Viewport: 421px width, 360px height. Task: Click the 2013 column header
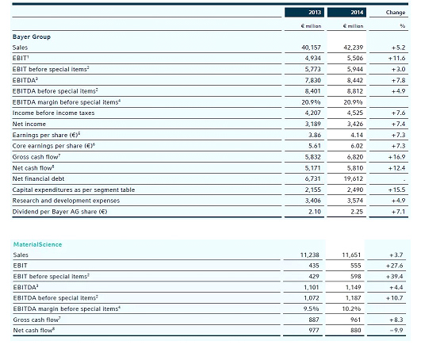[315, 13]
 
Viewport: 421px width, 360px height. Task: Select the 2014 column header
[357, 13]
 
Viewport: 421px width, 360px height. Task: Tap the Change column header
[395, 13]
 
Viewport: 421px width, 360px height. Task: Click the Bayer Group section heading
[32, 36]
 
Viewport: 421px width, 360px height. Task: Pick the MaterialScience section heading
[37, 244]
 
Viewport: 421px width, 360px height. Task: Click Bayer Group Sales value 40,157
[311, 48]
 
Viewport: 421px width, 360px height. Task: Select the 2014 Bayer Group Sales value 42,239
[353, 48]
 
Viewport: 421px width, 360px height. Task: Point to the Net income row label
[29, 124]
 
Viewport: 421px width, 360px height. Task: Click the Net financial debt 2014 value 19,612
[353, 178]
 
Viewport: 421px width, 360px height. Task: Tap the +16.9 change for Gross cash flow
[396, 157]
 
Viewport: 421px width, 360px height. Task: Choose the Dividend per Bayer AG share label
[60, 212]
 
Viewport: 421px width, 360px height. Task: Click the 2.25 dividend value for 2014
[357, 212]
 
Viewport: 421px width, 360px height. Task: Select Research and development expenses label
[66, 201]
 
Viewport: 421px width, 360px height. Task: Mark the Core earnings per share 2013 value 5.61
[315, 146]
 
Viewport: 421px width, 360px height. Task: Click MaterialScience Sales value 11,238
[309, 255]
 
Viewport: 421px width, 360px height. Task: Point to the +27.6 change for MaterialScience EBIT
[394, 266]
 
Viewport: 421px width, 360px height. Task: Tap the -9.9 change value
[396, 330]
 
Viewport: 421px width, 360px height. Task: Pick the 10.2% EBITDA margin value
[351, 308]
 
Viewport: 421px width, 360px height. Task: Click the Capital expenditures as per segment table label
[74, 190]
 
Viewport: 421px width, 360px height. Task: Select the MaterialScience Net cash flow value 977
[314, 330]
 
